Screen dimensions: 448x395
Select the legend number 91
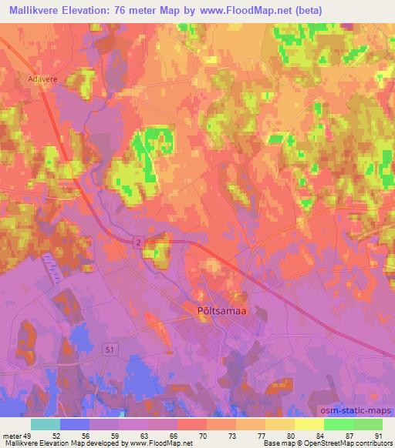coord(377,436)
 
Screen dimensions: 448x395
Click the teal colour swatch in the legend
coord(46,424)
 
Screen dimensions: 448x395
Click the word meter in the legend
coord(11,436)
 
